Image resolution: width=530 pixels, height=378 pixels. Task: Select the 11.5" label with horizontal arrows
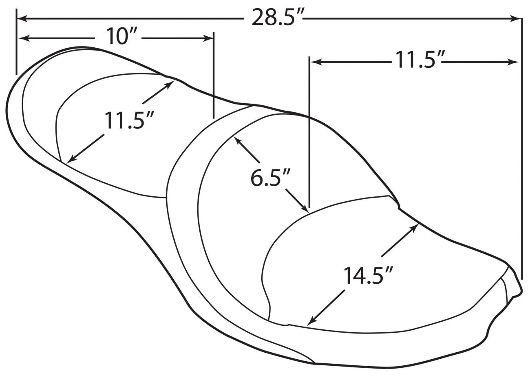pyautogui.click(x=417, y=60)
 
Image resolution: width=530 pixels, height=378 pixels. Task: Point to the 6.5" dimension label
pyautogui.click(x=270, y=178)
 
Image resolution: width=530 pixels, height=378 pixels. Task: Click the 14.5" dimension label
pyautogui.click(x=368, y=275)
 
